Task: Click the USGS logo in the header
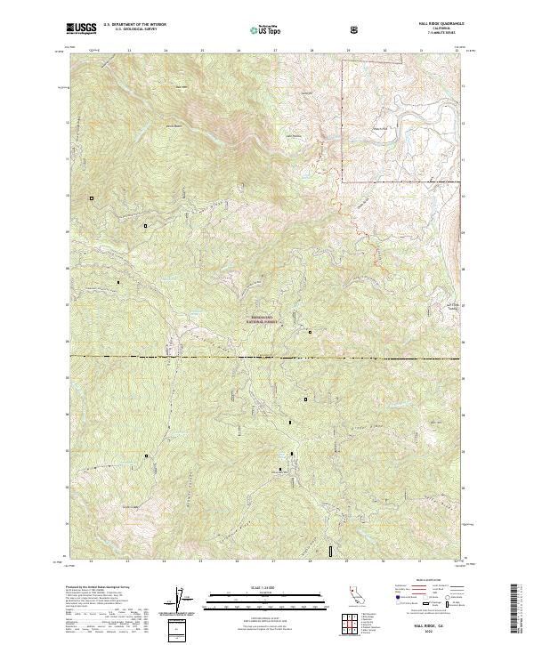click(82, 29)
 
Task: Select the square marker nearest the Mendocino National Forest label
click(310, 332)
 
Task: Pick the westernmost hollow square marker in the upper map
click(91, 198)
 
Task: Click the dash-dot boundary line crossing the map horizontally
click(267, 358)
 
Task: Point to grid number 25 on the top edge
click(202, 51)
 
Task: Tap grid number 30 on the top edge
click(384, 51)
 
